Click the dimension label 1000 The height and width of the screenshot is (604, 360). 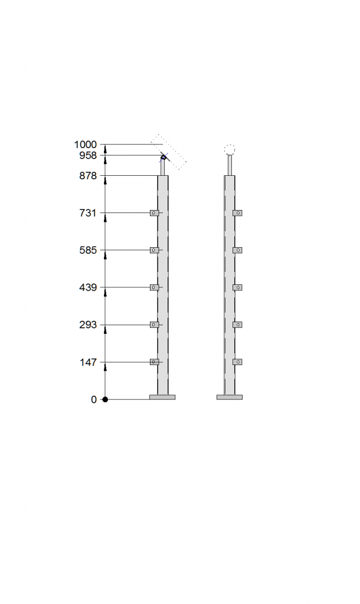pyautogui.click(x=85, y=145)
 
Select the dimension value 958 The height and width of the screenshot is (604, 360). pyautogui.click(x=88, y=155)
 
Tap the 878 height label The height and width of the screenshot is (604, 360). pyautogui.click(x=88, y=176)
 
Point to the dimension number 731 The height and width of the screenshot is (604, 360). pyautogui.click(x=88, y=212)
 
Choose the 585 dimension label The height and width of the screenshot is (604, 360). pyautogui.click(x=88, y=250)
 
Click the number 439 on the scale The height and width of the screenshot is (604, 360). pyautogui.click(x=88, y=287)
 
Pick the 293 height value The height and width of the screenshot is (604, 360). pyautogui.click(x=88, y=325)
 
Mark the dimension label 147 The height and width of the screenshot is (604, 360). pyautogui.click(x=88, y=362)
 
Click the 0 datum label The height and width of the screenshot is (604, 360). pyautogui.click(x=94, y=399)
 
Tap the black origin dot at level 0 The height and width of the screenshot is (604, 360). pyautogui.click(x=105, y=399)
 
